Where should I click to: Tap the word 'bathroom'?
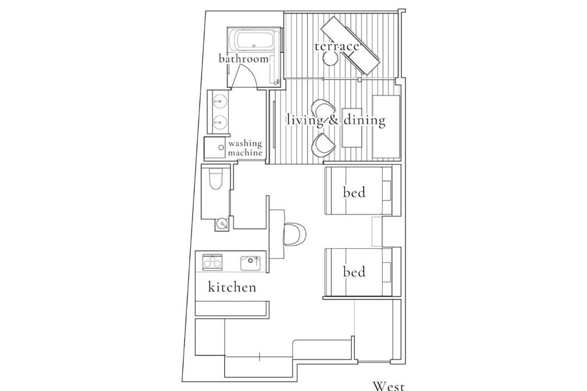243,59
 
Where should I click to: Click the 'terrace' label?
336,46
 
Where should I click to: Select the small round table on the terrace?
330,58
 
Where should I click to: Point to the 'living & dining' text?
336,120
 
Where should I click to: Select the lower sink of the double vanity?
220,121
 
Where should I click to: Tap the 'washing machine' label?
245,148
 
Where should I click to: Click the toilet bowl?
215,179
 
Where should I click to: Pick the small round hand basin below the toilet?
222,224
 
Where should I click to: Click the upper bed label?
354,192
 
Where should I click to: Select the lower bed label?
354,272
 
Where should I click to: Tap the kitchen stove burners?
213,262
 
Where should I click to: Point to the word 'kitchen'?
232,287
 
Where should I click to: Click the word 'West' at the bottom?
389,386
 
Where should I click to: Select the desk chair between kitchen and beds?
295,235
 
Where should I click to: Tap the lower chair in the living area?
322,145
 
